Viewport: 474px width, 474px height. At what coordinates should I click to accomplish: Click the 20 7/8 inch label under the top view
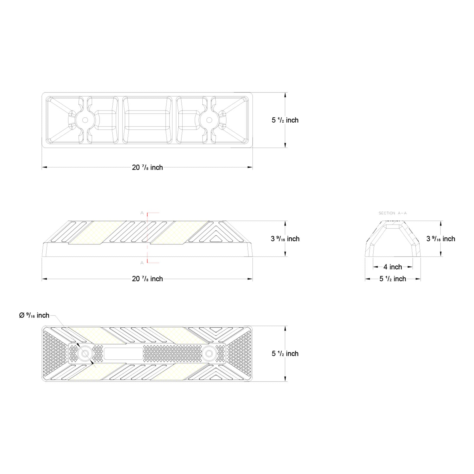tap(147, 167)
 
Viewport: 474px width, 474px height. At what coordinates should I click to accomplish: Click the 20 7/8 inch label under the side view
tap(147, 279)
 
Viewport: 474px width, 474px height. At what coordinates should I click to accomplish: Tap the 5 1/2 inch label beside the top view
tap(285, 120)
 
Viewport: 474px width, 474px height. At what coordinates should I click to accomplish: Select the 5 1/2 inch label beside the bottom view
tap(285, 353)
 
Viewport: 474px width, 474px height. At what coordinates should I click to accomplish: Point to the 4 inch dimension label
tap(393, 267)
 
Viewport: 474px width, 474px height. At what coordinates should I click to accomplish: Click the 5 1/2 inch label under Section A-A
tap(393, 279)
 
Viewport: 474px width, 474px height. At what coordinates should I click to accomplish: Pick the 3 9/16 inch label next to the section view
tap(441, 239)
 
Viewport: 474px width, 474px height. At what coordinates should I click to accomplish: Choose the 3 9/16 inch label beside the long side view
tap(285, 239)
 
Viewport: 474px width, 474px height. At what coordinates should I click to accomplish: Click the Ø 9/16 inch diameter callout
tap(34, 315)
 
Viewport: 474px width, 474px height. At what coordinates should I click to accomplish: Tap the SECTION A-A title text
tap(393, 213)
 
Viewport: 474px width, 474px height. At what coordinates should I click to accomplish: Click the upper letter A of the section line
tap(142, 213)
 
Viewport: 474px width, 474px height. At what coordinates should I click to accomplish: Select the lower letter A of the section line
tap(142, 262)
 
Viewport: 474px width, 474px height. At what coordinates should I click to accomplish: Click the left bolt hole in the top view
tap(85, 120)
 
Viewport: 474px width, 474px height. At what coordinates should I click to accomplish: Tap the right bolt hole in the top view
tap(209, 120)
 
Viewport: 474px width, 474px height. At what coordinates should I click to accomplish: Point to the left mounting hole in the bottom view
tap(85, 353)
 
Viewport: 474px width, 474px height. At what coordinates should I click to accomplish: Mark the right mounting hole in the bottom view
tap(209, 353)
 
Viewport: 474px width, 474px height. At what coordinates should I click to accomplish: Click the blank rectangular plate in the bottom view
tap(124, 353)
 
